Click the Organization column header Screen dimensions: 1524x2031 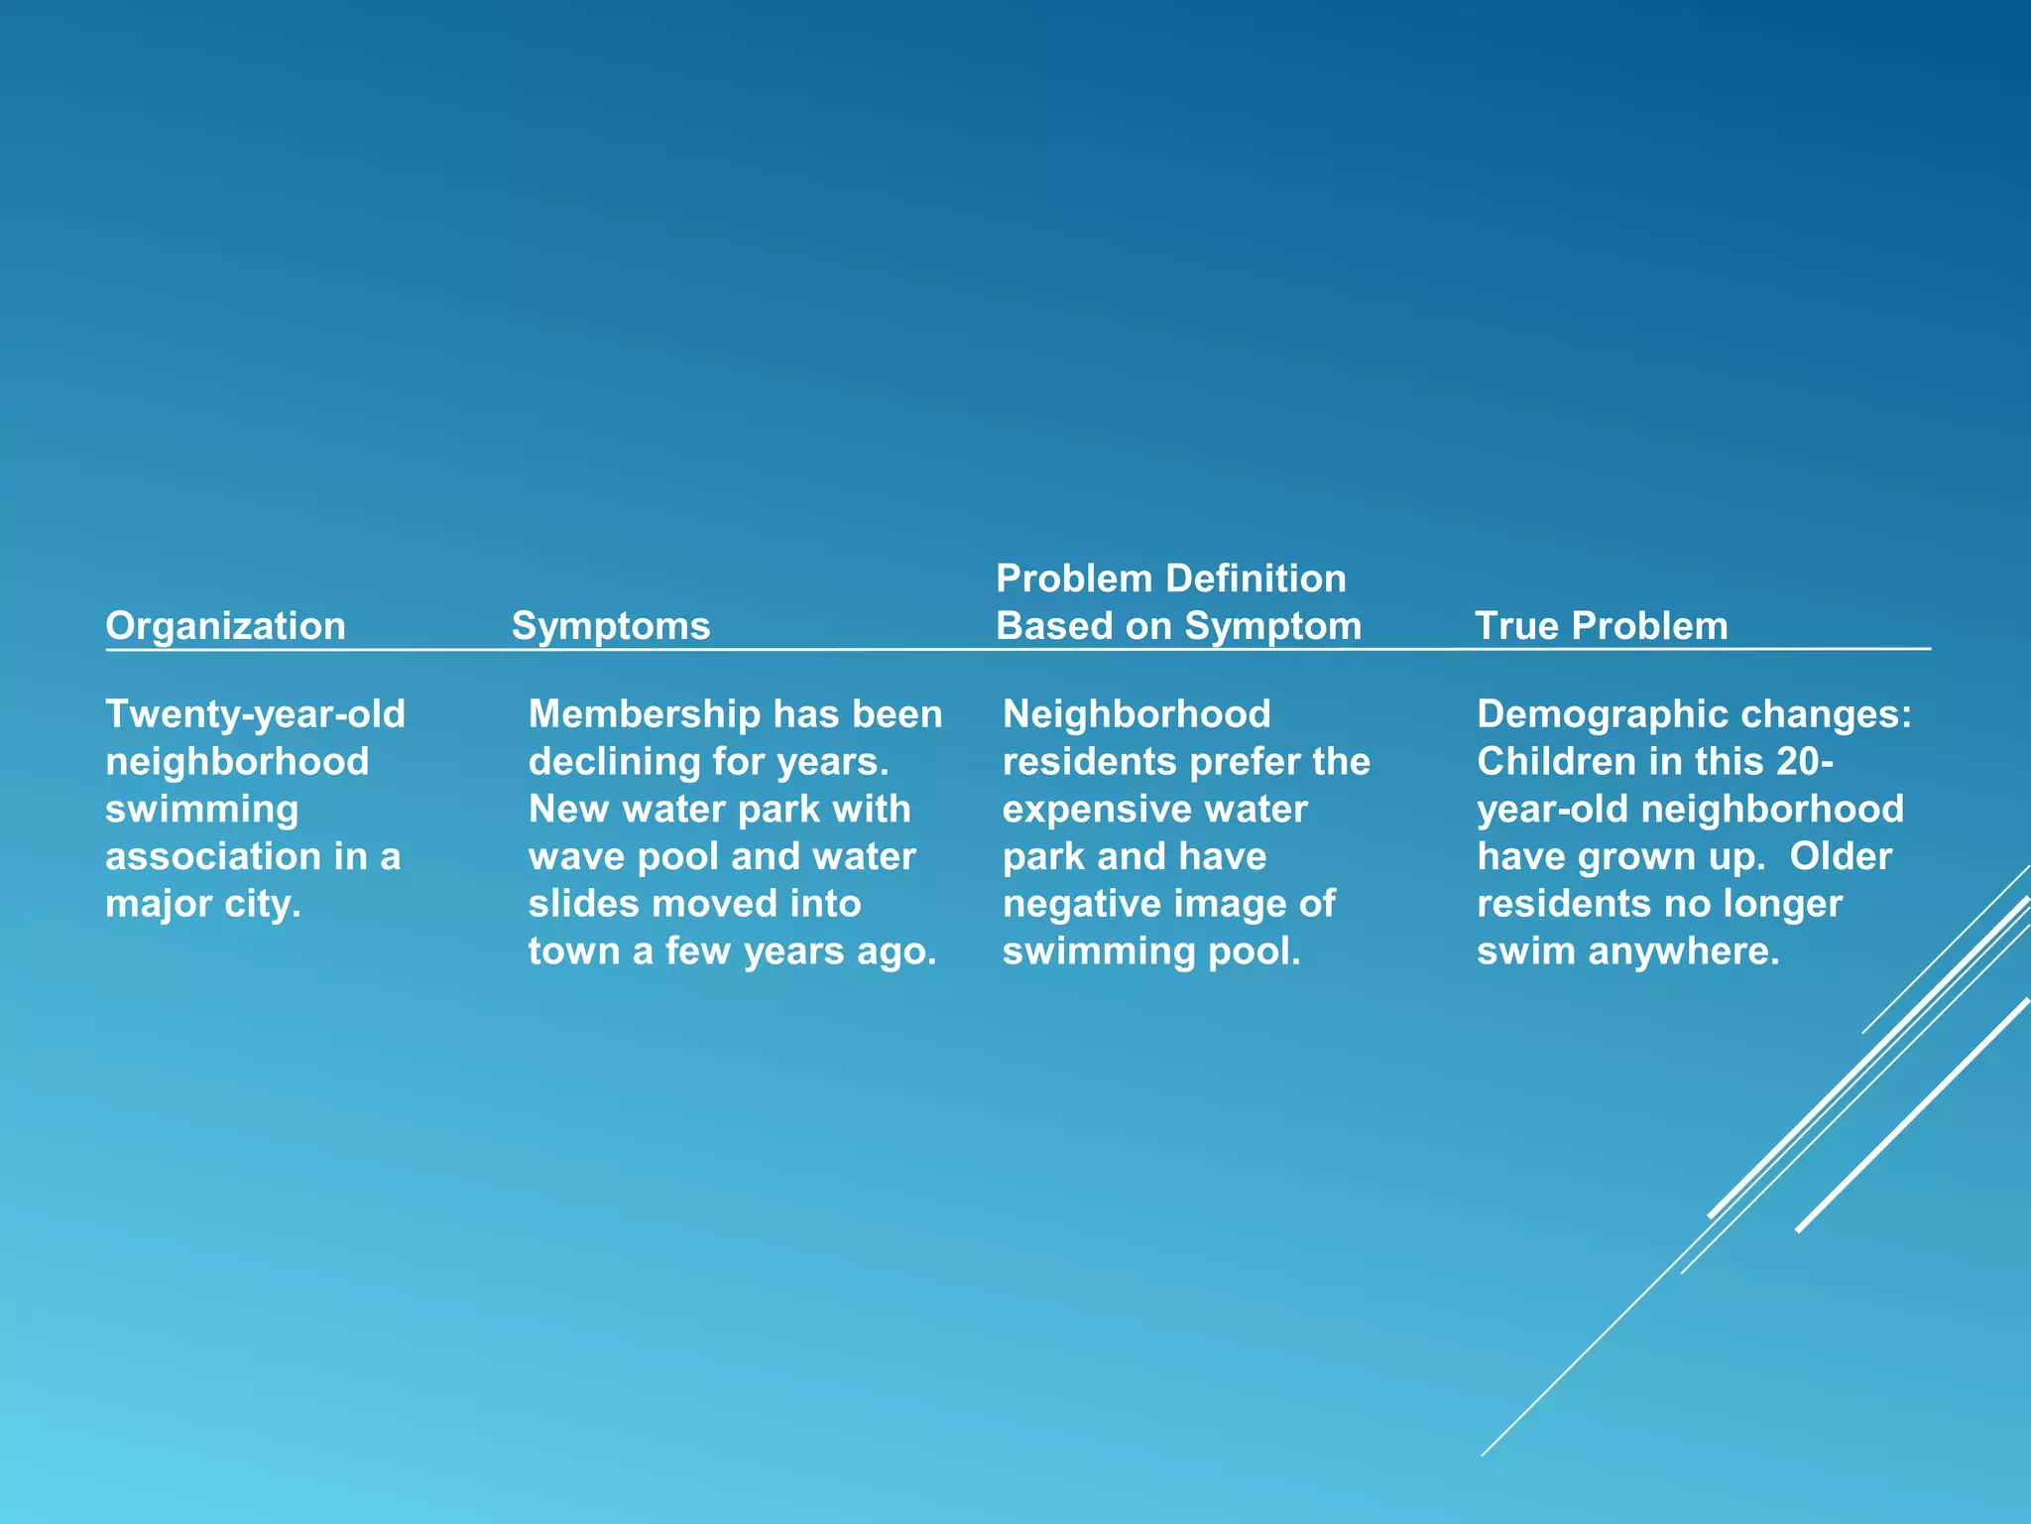[225, 626]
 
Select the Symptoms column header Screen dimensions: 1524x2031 [611, 626]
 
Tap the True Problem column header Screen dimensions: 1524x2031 [1601, 626]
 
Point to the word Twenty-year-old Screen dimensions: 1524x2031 [255, 714]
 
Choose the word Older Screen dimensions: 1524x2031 [1841, 856]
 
